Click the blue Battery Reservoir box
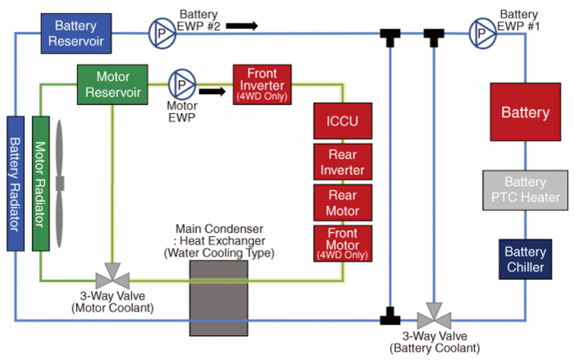[76, 33]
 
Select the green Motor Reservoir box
[113, 84]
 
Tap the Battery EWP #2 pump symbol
[162, 33]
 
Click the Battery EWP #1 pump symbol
[482, 33]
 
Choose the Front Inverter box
[262, 85]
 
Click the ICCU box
[342, 121]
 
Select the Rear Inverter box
[342, 162]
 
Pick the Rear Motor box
[342, 203]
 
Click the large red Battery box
[525, 112]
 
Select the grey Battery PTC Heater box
[525, 190]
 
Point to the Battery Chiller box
[525, 259]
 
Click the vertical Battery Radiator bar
[15, 183]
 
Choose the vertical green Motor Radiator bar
[40, 183]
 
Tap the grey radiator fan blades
[59, 183]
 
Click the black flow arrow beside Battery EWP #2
[242, 26]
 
